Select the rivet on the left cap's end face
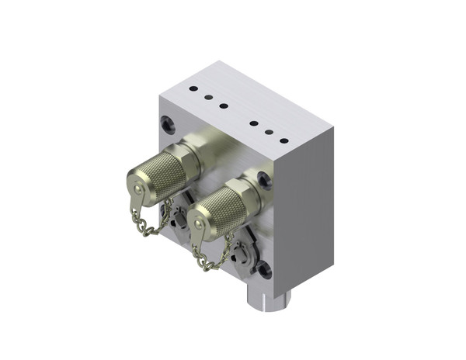coord(134,188)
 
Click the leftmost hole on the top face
coord(193,89)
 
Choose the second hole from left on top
coord(208,97)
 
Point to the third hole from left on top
coord(224,106)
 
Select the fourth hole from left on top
coord(254,123)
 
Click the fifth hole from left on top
coord(270,132)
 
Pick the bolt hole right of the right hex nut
coord(265,179)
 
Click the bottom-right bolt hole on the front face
coord(264,270)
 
